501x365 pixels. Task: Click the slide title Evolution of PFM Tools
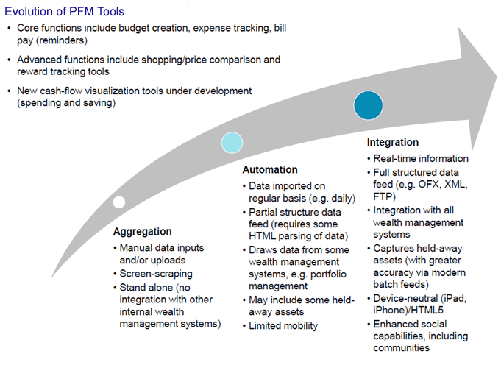coord(64,12)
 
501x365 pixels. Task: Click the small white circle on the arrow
coord(118,202)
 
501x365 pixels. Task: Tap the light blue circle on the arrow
coord(232,143)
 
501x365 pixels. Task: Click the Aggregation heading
coord(143,232)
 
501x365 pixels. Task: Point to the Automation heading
coord(270,170)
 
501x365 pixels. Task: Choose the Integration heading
coord(392,142)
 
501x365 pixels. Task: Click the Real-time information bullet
coord(421,157)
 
